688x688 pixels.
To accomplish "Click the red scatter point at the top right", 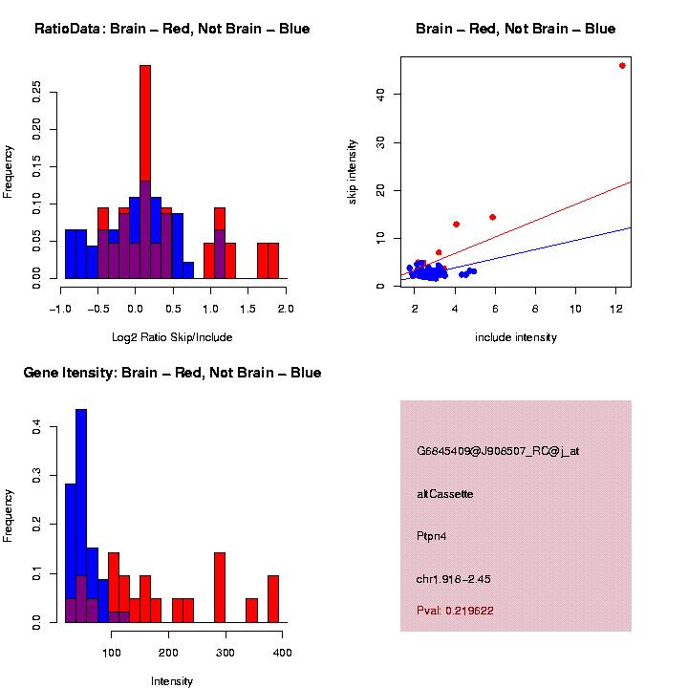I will [x=622, y=66].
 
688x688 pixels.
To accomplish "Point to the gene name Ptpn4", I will [x=432, y=536].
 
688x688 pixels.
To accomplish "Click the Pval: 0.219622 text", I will [x=455, y=611].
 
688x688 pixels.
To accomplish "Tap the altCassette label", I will [x=445, y=494].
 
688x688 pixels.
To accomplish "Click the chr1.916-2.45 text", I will [x=454, y=579].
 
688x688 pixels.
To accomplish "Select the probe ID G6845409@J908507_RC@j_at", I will [x=498, y=451].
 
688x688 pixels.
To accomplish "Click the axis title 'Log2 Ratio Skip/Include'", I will [x=172, y=337].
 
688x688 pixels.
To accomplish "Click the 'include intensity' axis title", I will [x=516, y=337].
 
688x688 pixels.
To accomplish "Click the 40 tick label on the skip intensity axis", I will [x=381, y=94].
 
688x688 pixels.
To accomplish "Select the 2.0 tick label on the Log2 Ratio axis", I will [x=285, y=309].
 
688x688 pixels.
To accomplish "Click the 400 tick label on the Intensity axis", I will [x=283, y=653].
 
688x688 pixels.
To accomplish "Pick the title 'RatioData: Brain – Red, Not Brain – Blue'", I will [x=172, y=30].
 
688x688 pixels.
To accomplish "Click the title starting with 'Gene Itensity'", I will [x=172, y=373].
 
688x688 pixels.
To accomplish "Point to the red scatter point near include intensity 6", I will [x=492, y=217].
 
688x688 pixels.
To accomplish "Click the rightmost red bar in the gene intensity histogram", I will [x=273, y=598].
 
